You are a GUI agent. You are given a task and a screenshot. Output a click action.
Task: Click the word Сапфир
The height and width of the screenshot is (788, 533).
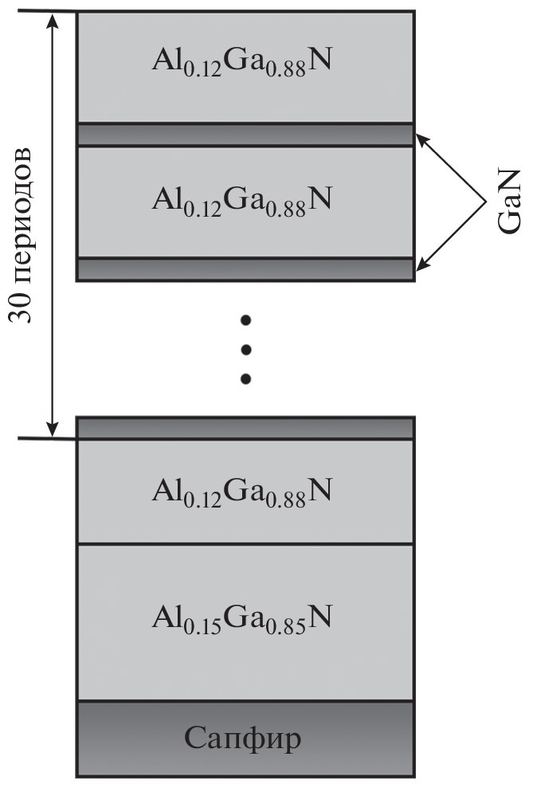[244, 739]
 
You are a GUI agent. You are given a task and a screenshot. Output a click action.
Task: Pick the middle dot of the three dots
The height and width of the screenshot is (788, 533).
[246, 349]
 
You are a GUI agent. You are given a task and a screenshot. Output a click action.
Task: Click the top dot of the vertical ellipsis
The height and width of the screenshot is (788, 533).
[246, 320]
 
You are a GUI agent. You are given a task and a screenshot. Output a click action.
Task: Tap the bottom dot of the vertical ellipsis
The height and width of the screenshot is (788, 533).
[246, 378]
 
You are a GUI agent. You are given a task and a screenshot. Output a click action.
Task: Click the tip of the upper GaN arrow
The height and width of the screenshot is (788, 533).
[417, 137]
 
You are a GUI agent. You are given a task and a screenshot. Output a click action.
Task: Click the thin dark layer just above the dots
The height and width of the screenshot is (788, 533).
[245, 269]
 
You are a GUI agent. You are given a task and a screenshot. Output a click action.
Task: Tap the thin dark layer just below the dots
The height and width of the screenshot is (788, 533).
[245, 428]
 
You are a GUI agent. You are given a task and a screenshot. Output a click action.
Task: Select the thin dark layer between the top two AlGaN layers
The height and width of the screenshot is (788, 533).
[245, 135]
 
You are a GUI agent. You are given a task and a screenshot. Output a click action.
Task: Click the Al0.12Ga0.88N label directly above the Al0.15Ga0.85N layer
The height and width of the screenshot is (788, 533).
[243, 491]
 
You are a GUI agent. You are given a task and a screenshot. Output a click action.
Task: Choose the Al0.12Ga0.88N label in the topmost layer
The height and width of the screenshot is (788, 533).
[243, 62]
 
